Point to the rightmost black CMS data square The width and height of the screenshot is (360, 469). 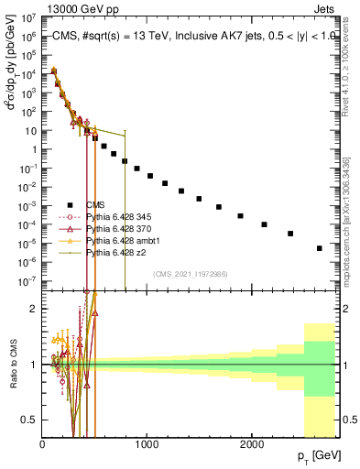pyautogui.click(x=319, y=248)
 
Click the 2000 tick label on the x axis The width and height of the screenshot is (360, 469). pyautogui.click(x=251, y=444)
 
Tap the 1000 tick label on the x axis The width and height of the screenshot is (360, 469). pyautogui.click(x=147, y=444)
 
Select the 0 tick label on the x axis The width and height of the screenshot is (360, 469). pyautogui.click(x=43, y=444)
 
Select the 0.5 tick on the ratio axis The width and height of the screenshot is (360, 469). pyautogui.click(x=32, y=420)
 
